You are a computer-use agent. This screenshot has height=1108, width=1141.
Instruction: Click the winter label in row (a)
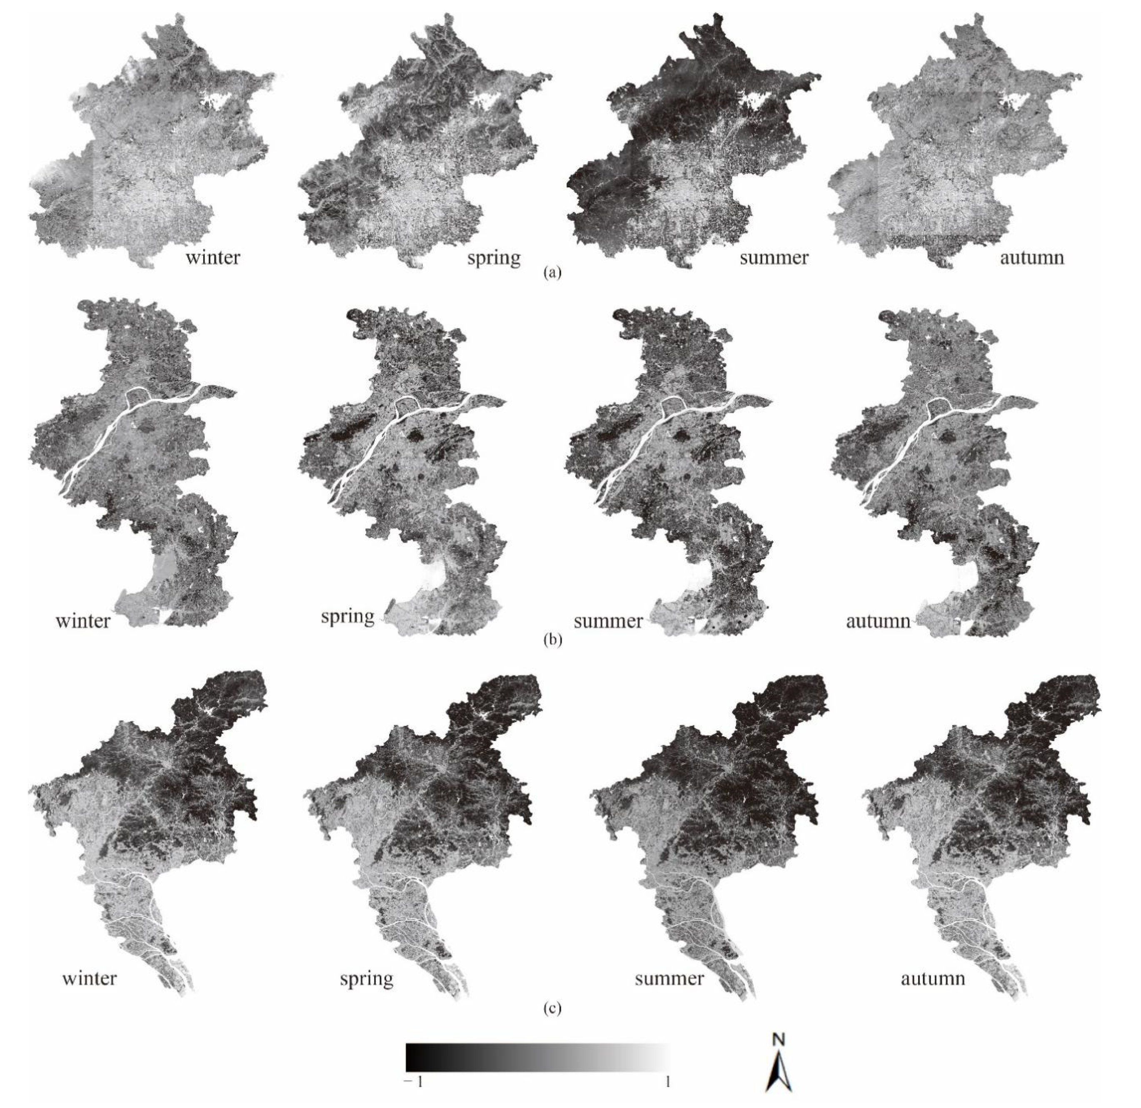[212, 257]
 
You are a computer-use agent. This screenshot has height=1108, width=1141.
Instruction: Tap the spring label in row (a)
[494, 258]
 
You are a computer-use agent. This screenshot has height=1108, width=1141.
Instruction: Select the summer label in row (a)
[774, 257]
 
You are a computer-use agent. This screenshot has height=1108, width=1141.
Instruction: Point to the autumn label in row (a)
[1031, 257]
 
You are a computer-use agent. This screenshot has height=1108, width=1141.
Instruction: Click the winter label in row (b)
[82, 621]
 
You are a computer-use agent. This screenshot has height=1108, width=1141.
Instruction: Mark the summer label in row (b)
[608, 621]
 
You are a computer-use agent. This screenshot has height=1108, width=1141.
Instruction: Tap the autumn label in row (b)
[878, 621]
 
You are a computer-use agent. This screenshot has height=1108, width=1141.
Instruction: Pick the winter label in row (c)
[89, 978]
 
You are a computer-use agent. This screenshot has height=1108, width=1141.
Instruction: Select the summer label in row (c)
[669, 978]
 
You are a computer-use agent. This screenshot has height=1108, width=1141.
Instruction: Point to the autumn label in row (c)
[933, 978]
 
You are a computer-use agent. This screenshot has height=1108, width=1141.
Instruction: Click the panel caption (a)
[552, 272]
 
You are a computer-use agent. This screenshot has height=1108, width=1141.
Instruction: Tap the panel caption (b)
[552, 640]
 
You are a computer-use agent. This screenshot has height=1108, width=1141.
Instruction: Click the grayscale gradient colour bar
[537, 1057]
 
